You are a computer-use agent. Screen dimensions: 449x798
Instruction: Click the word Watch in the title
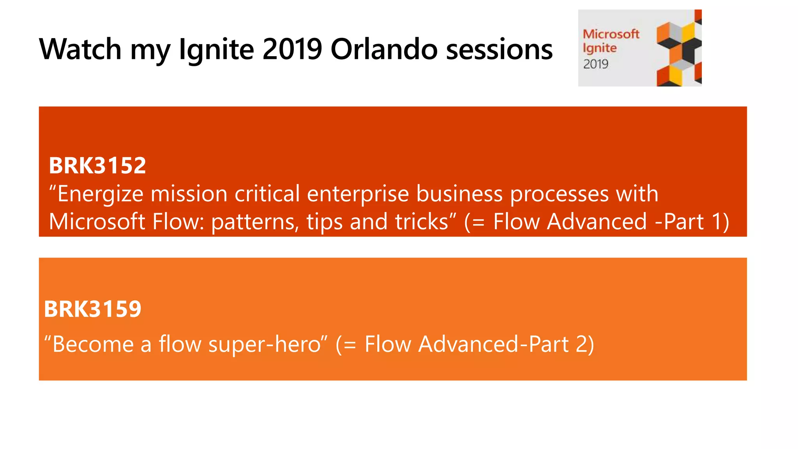point(80,49)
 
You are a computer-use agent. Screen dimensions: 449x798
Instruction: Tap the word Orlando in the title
point(383,49)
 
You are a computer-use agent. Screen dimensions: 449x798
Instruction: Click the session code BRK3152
point(97,165)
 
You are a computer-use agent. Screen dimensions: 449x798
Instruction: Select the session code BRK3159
point(93,309)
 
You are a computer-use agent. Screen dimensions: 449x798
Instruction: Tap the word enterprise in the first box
point(357,194)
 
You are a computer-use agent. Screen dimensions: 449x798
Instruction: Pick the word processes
point(559,194)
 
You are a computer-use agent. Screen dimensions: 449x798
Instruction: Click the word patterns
point(255,222)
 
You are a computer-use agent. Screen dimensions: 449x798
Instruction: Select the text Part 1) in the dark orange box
point(696,221)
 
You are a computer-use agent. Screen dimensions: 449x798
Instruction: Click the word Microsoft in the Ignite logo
point(611,34)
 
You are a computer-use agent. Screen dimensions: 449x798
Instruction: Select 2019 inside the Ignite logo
point(595,64)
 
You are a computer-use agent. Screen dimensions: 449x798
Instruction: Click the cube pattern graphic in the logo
point(678,48)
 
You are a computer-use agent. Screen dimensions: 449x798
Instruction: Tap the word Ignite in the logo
point(599,48)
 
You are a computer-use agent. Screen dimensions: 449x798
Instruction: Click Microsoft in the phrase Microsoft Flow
point(97,221)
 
